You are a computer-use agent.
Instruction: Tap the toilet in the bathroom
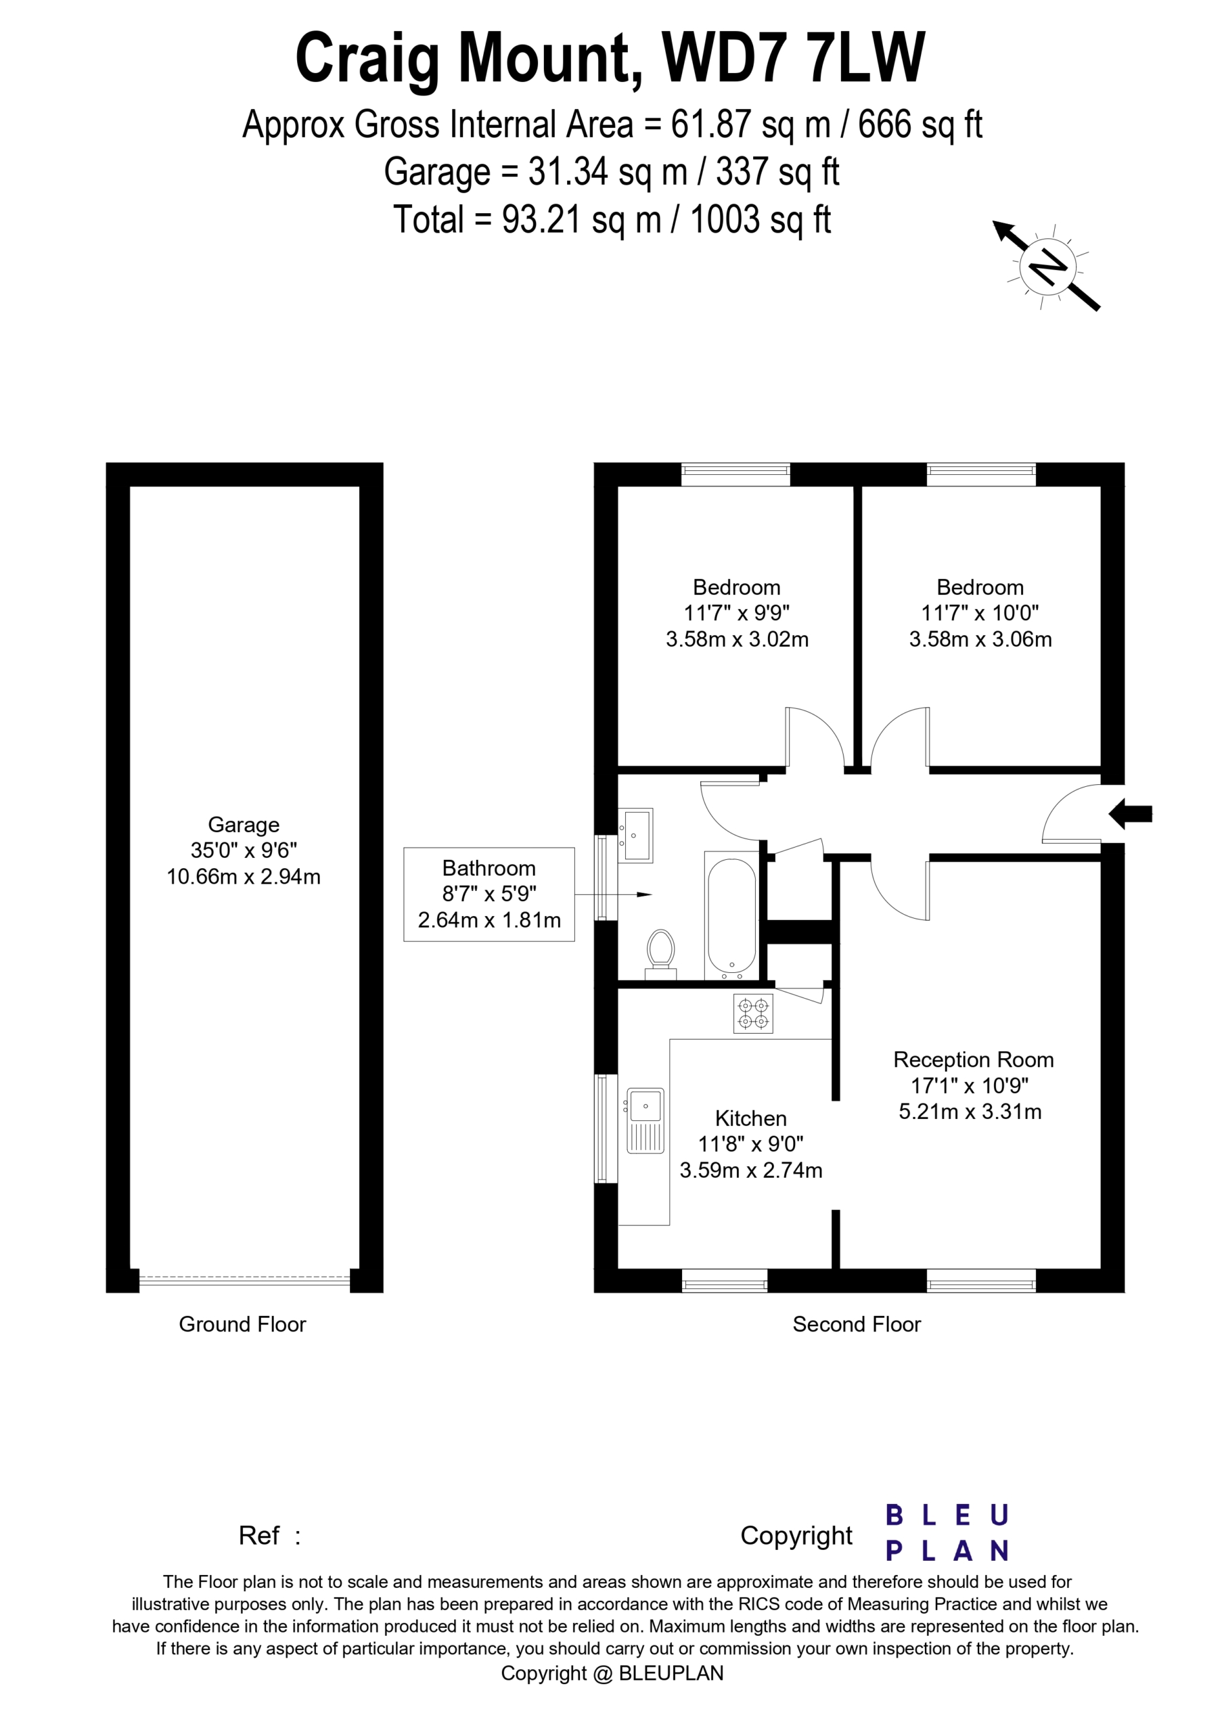(x=661, y=954)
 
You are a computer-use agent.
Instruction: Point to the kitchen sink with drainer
(x=645, y=1120)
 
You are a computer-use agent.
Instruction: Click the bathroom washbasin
(x=635, y=835)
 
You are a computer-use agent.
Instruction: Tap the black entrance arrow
(x=1130, y=814)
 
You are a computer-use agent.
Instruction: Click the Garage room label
(x=244, y=825)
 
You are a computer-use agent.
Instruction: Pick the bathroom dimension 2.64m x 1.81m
(x=490, y=920)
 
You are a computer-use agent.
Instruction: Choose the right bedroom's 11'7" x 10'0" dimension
(x=980, y=613)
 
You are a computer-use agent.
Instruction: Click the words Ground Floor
(x=242, y=1325)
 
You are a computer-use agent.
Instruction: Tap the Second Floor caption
(x=857, y=1325)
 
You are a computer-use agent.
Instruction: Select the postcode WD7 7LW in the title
(x=793, y=58)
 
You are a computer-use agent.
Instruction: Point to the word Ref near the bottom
(x=259, y=1535)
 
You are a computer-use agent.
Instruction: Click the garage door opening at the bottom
(x=244, y=1280)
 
